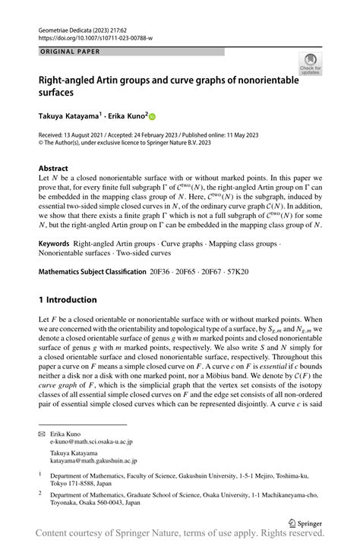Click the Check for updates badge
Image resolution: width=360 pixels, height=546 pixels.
(x=310, y=65)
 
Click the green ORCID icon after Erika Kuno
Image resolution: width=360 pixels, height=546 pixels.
(x=152, y=117)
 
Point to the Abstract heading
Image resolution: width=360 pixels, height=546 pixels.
(x=55, y=167)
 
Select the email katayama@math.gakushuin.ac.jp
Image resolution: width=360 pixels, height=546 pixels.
(x=97, y=459)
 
